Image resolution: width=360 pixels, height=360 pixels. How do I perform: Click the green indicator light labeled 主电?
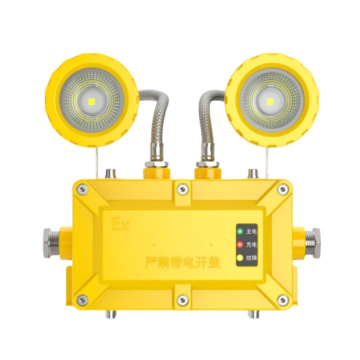point(240,232)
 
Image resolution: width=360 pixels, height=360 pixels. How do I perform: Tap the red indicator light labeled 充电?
point(240,245)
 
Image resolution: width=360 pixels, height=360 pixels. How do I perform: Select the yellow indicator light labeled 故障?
point(240,258)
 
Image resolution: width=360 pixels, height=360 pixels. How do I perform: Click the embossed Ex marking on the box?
point(120,224)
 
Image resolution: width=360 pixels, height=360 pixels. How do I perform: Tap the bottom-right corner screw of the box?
point(282,299)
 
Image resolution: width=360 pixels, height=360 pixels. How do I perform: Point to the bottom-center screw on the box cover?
point(181,299)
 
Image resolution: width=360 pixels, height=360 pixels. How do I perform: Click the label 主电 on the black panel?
point(252,232)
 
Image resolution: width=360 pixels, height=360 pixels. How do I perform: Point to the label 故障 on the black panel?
point(252,258)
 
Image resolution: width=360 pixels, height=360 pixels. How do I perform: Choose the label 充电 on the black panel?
point(252,245)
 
